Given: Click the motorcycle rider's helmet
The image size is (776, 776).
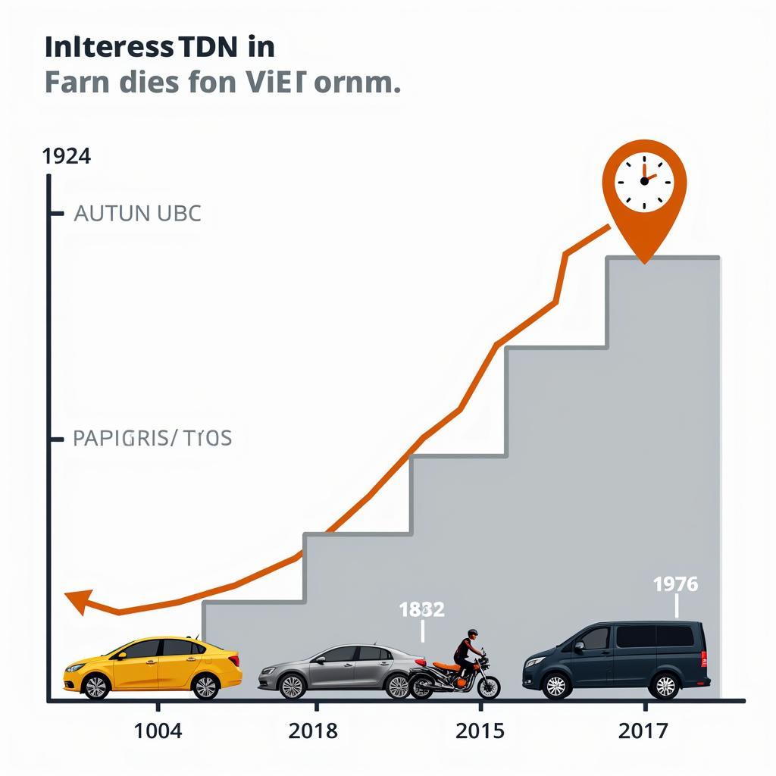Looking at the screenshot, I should point(472,634).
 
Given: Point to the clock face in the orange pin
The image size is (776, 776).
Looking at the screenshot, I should point(644,182).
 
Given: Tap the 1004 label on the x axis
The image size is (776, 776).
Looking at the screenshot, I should point(158,731).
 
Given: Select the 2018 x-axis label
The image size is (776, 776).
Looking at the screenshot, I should point(314,731).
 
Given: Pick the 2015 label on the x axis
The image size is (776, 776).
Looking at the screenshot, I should point(480,731).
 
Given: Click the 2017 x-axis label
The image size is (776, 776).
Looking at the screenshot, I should point(643,731).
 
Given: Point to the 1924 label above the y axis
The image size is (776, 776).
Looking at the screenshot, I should point(67,156).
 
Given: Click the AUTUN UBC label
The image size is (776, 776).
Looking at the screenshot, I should point(137,214).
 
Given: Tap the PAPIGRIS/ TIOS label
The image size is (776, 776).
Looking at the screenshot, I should point(152,438).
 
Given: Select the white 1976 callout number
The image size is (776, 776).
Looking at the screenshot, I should point(675,584).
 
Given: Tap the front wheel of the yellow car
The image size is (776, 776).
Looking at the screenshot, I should point(95,687).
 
